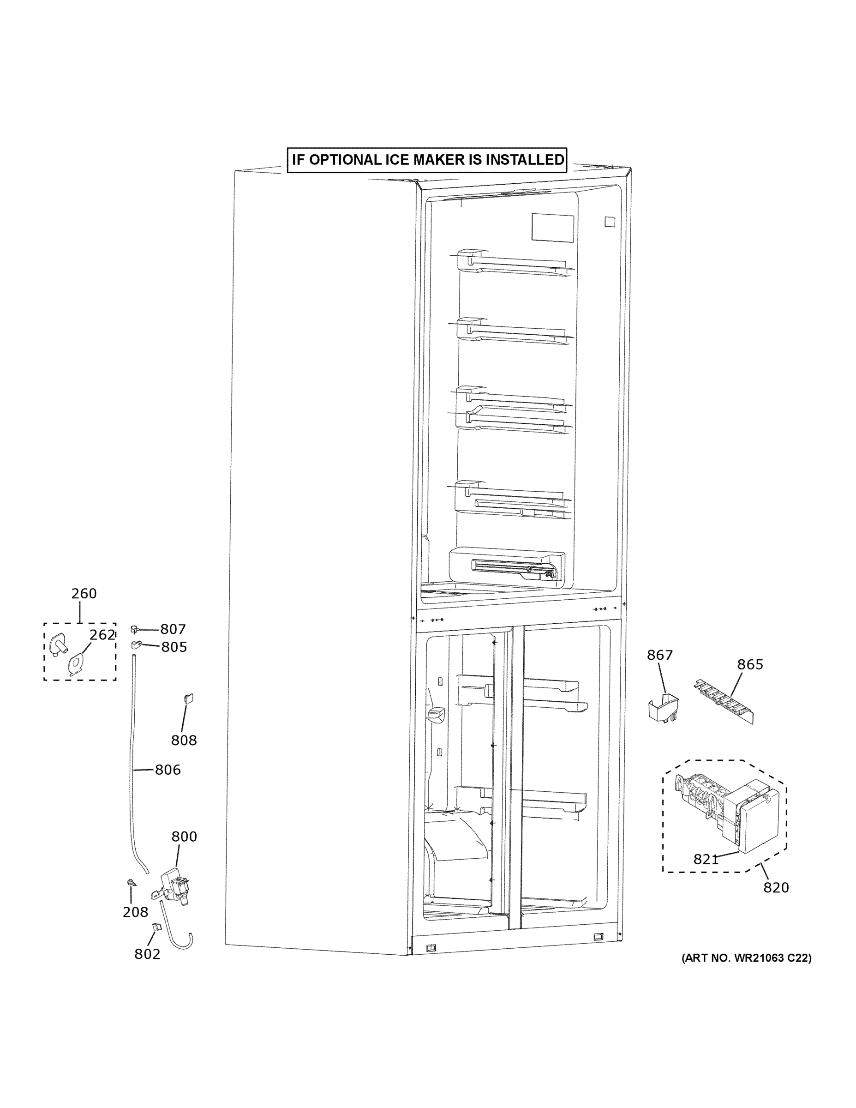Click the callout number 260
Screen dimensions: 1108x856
click(84, 593)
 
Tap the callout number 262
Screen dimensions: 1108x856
click(102, 635)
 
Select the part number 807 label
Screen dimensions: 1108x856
click(173, 629)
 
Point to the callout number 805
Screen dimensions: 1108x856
click(174, 647)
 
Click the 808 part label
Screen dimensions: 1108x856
click(184, 740)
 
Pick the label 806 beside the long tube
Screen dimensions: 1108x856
click(168, 770)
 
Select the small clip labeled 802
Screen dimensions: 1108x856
click(156, 927)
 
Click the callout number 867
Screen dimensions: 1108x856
click(660, 656)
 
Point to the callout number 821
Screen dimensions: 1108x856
click(706, 860)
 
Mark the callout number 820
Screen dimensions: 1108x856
click(776, 887)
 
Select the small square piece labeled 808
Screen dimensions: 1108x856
click(189, 698)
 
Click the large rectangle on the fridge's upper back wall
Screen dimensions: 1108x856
click(552, 227)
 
